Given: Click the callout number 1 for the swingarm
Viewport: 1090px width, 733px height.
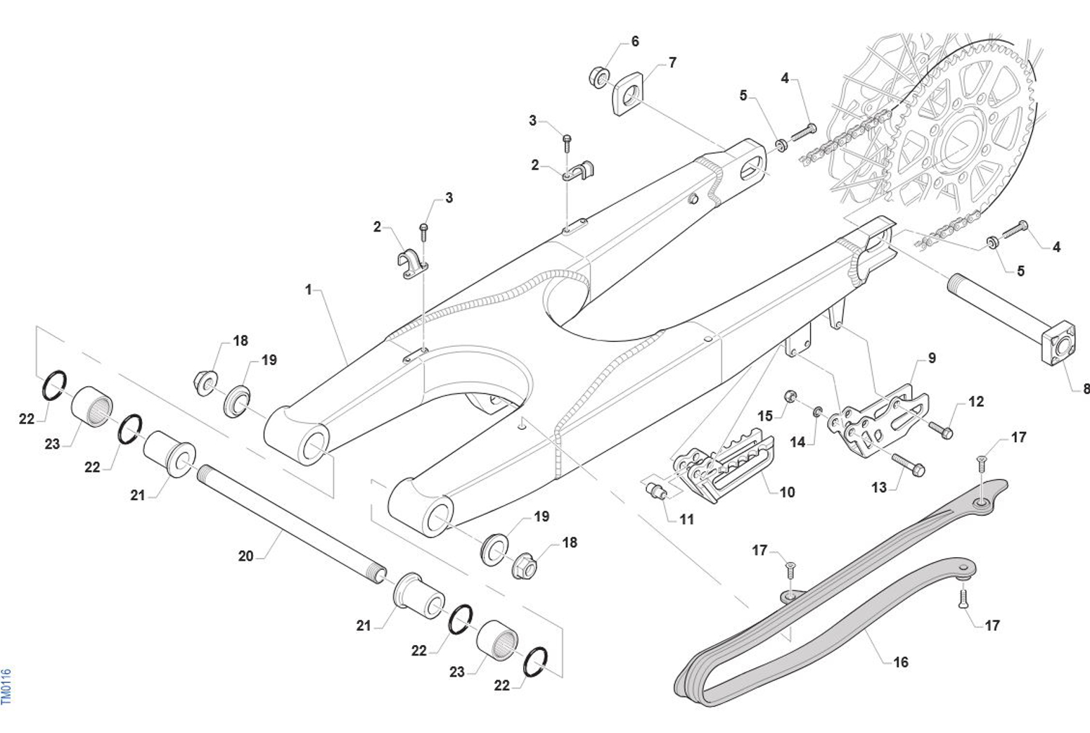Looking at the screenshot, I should click(308, 290).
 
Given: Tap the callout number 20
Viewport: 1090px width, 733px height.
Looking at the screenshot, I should click(245, 556).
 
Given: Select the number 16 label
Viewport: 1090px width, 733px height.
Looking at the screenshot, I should click(901, 662).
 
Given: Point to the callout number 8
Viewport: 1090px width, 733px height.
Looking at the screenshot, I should click(1086, 388).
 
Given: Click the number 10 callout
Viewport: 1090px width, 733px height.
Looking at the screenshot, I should click(788, 492).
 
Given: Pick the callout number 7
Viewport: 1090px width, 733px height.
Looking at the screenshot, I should click(672, 63).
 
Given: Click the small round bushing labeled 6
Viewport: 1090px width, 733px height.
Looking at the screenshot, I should click(598, 76).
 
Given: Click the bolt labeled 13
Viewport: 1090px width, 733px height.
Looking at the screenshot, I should click(909, 464).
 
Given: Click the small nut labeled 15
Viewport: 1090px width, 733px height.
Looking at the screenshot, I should click(790, 395).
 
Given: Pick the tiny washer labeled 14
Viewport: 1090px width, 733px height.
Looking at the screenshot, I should click(818, 411).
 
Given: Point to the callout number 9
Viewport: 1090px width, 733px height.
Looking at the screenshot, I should click(932, 358).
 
